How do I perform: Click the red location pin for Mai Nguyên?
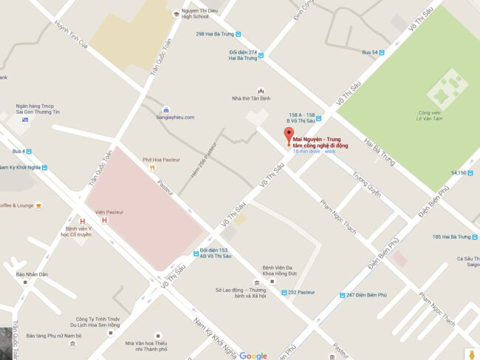click(x=288, y=136)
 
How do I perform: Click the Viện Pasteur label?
click(x=109, y=211)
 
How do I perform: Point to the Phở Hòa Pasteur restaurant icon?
click(x=151, y=168)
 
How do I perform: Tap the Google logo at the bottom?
click(x=253, y=356)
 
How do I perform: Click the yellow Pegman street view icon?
click(x=470, y=353)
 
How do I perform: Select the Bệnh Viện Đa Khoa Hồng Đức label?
click(x=278, y=271)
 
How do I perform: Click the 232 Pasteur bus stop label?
click(x=301, y=293)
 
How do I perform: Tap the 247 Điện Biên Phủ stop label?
click(x=366, y=295)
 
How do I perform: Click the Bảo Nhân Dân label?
click(x=32, y=274)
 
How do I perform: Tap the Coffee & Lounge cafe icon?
click(x=38, y=206)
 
